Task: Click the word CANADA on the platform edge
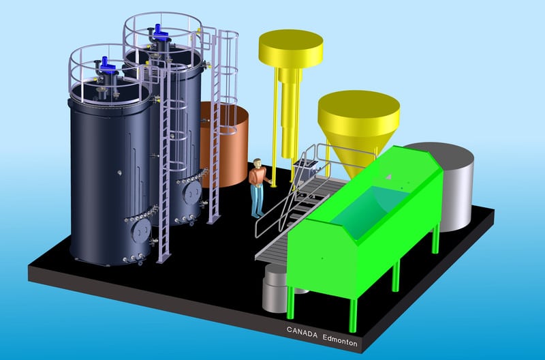click(x=302, y=332)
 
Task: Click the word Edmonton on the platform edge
click(x=339, y=340)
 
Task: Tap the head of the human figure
click(x=258, y=163)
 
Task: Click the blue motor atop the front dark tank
click(x=106, y=65)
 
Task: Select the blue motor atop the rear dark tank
click(x=160, y=32)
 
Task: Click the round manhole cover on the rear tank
click(x=192, y=192)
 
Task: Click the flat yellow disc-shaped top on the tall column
click(x=291, y=48)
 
